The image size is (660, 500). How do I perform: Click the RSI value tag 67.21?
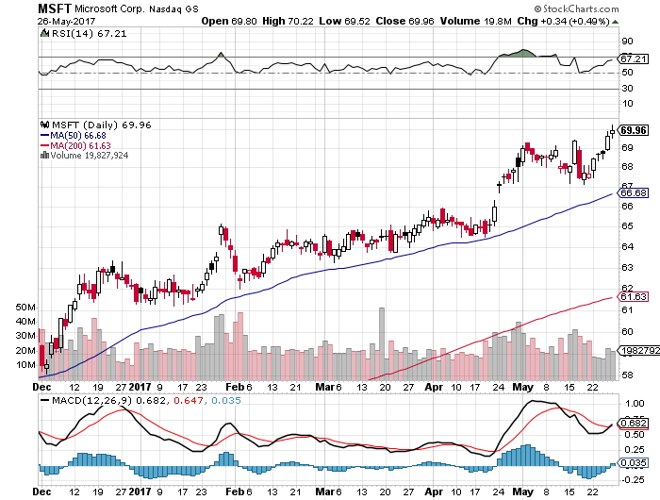pyautogui.click(x=630, y=58)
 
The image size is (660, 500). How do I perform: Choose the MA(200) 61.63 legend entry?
pyautogui.click(x=74, y=144)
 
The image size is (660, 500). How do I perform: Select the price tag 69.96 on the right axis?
pyautogui.click(x=631, y=130)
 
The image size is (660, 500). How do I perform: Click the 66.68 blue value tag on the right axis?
pyautogui.click(x=631, y=193)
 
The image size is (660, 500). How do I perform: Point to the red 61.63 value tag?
pyautogui.click(x=631, y=297)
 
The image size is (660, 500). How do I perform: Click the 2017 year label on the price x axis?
pyautogui.click(x=140, y=385)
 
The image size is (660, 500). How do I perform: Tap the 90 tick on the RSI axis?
pyautogui.click(x=624, y=42)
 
